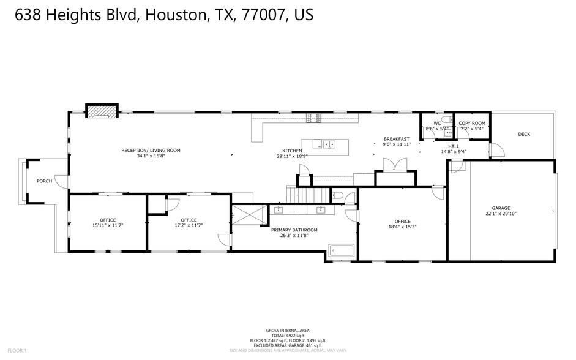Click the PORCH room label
coord(44,181)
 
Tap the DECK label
coord(524,135)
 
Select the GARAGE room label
coord(501,208)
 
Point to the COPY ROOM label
coord(473,124)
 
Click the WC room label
coord(437,124)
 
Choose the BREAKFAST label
coord(396,139)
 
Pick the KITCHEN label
coord(292,151)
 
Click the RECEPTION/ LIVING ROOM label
coord(151,150)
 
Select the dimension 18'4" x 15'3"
coord(402,226)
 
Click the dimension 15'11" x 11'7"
coord(108,225)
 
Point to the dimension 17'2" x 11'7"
coord(189,225)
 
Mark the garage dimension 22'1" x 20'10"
coord(501,214)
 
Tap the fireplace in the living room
coord(101,111)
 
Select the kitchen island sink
coord(329,144)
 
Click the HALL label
coord(453,146)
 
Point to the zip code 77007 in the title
coord(258,15)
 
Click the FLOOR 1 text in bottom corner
coord(17,351)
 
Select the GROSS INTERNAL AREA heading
coord(287,330)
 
